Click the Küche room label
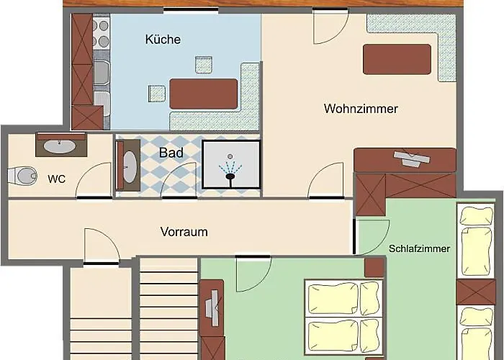[163, 40]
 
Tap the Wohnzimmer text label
[361, 109]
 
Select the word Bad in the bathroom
[171, 153]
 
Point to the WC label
[57, 179]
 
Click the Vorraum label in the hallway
[184, 232]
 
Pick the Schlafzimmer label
[419, 249]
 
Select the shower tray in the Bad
[230, 165]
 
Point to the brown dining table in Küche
[203, 94]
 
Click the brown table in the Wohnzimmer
[397, 59]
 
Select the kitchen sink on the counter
[102, 73]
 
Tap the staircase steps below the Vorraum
[168, 310]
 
